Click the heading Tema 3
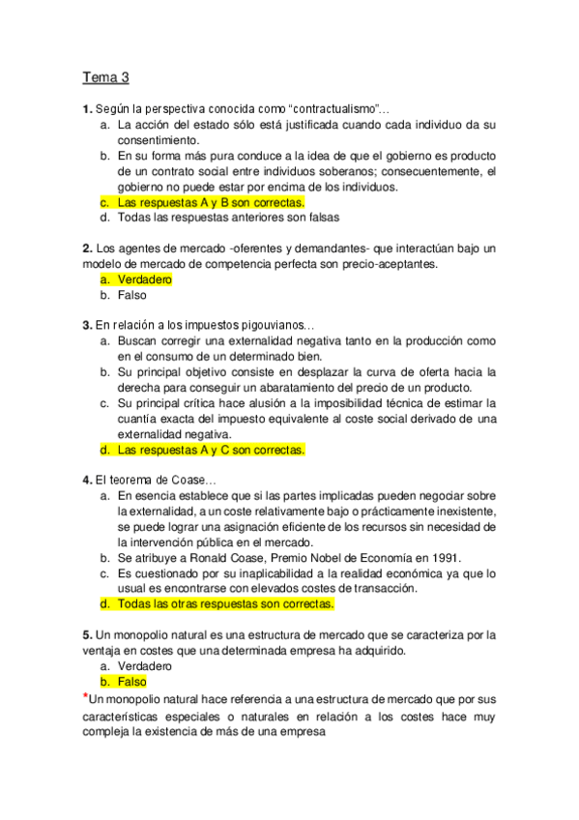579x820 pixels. coord(105,77)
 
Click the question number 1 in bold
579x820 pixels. coord(86,109)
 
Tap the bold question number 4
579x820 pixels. coord(86,481)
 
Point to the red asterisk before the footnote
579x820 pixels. coord(85,695)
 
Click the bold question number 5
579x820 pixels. coord(86,635)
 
